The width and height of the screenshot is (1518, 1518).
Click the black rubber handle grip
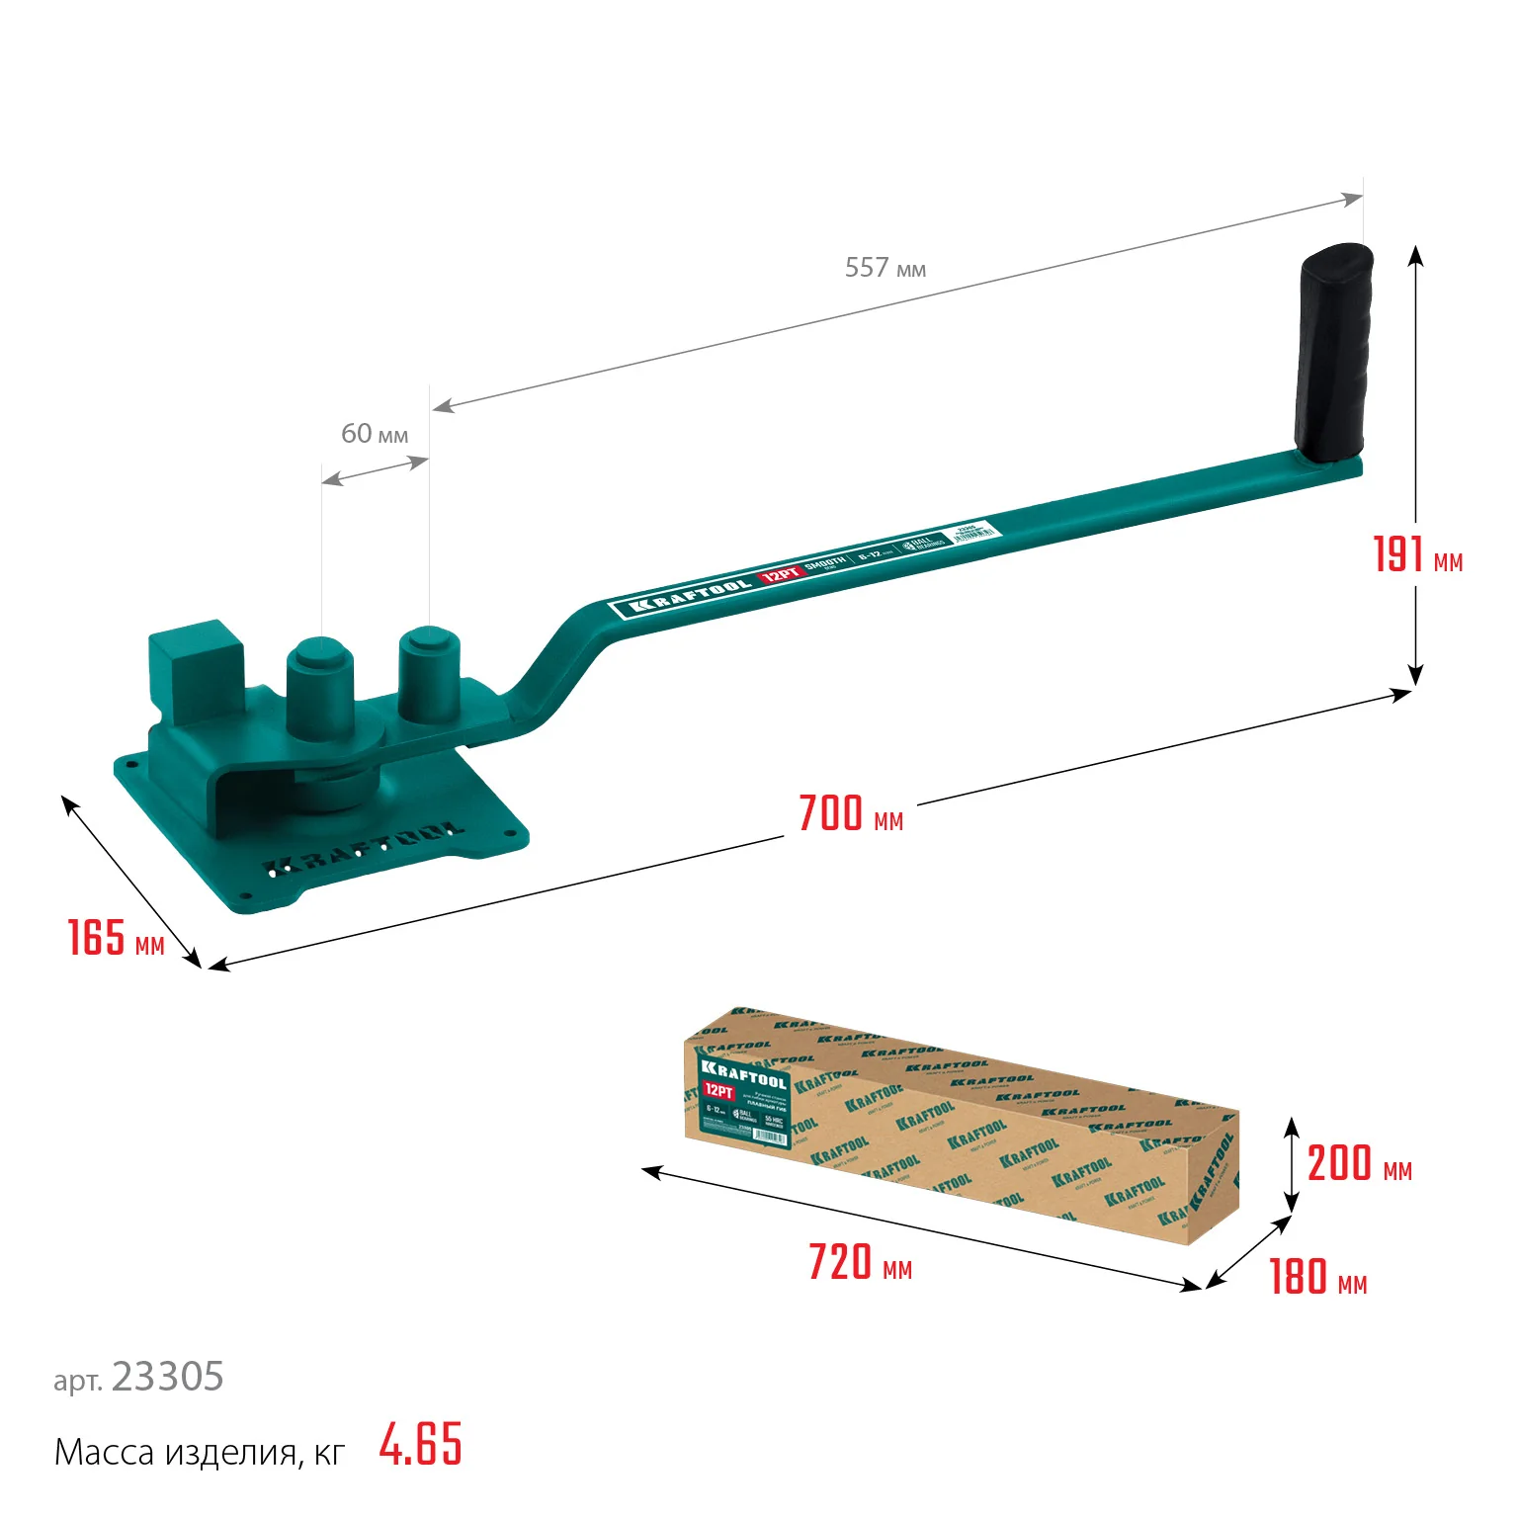point(1333,353)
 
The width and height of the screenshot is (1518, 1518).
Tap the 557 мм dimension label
point(885,268)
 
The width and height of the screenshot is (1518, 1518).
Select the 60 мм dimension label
point(374,434)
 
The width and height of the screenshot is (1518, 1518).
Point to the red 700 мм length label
point(850,814)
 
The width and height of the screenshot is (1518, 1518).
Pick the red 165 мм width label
point(115,938)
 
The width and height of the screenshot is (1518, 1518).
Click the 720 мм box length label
point(860,1263)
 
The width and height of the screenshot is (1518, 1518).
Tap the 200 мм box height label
point(1359,1164)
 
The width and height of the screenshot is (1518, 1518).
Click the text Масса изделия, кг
point(199,1453)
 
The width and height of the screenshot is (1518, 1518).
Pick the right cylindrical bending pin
point(429,674)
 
